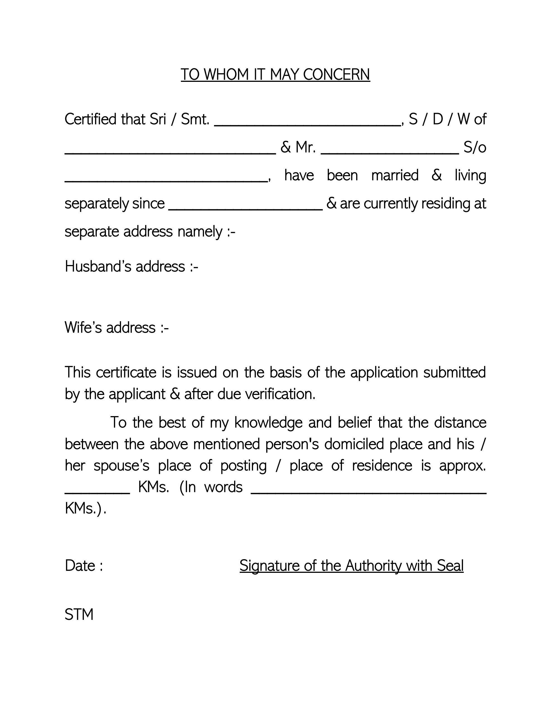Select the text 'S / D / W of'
(x=447, y=119)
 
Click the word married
(x=395, y=175)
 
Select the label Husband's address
(x=131, y=267)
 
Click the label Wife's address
(x=116, y=328)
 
